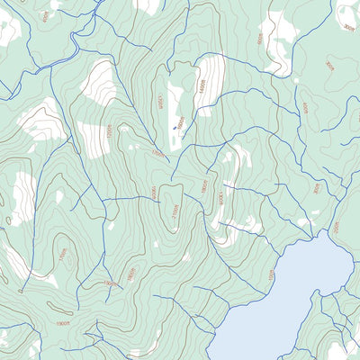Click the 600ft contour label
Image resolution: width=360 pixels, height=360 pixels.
click(260, 39)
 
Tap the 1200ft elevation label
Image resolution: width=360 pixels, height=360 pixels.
click(109, 131)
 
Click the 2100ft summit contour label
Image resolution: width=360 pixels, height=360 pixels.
click(175, 212)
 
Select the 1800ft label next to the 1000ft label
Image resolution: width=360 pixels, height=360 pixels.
click(204, 186)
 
